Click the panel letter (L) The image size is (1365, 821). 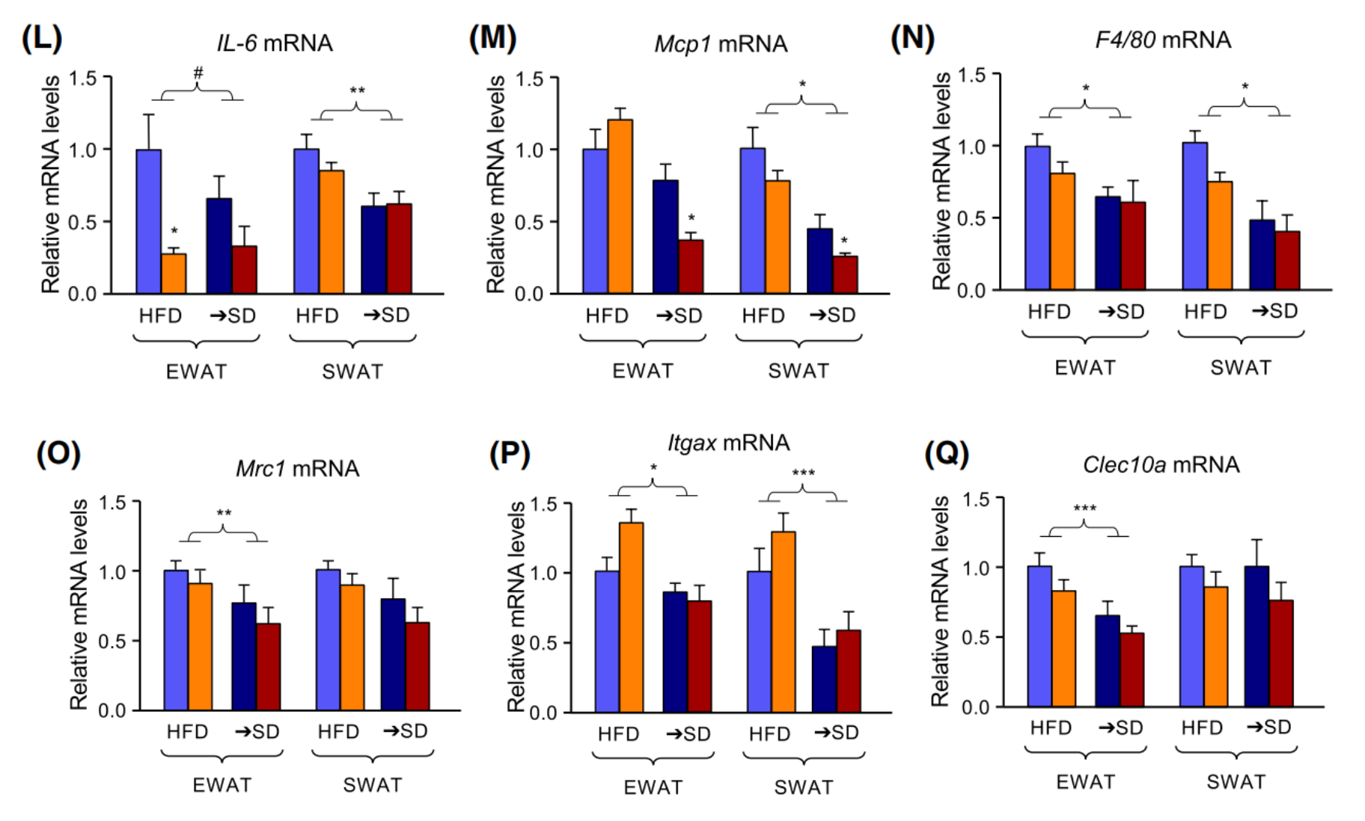click(41, 38)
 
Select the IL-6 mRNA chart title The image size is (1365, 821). click(275, 43)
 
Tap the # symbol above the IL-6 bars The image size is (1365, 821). click(198, 73)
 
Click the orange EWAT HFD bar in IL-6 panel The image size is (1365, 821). click(174, 274)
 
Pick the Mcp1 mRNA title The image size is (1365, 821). click(721, 44)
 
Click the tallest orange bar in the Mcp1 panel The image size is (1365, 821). click(620, 206)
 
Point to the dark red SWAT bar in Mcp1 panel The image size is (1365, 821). click(846, 274)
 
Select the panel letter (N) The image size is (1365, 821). click(911, 37)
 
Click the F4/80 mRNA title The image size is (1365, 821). click(1163, 40)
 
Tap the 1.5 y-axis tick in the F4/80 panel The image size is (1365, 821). click(971, 75)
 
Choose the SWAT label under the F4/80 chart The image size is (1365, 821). click(1240, 368)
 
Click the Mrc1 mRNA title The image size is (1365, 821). click(298, 469)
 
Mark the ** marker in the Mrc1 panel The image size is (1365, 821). click(224, 514)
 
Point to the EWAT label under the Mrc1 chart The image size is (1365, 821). click(222, 785)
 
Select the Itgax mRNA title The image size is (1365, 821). click(728, 443)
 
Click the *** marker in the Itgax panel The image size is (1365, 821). click(803, 473)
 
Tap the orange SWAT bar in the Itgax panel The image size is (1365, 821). click(783, 621)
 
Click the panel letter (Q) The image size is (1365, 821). click(947, 453)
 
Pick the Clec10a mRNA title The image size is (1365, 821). click(1161, 465)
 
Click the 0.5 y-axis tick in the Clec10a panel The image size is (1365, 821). click(977, 638)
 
